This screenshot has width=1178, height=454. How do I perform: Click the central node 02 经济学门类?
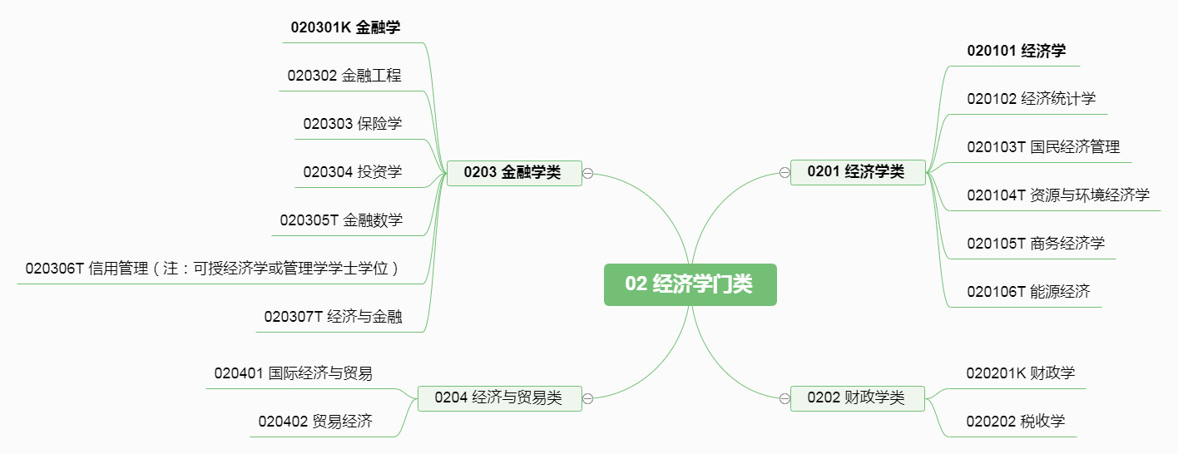pos(690,284)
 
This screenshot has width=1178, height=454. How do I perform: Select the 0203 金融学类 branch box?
pos(513,173)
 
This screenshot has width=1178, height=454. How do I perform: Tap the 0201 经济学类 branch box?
pos(857,172)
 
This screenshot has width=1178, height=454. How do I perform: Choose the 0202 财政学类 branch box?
pos(856,397)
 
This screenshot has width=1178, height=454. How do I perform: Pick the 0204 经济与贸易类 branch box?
pos(498,397)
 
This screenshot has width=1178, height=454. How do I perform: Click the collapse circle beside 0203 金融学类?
pos(587,173)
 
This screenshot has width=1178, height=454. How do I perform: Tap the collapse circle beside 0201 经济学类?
pos(785,172)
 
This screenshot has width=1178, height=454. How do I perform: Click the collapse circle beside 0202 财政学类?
pos(785,398)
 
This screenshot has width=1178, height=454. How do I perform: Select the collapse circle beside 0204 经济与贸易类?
pos(587,398)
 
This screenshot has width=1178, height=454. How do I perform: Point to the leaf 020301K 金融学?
pos(345,27)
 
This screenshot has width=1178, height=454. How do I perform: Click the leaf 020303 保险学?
pos(353,124)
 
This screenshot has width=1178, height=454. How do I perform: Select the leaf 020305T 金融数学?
pos(341,220)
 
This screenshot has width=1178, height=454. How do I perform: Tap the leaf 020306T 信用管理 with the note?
pos(213,269)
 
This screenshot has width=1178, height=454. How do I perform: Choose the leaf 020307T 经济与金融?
pos(334,317)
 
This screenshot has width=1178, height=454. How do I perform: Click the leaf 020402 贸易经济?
pos(315,422)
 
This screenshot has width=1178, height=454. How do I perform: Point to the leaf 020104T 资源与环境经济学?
pos(1058,195)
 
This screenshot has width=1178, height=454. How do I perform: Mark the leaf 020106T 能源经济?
pos(1028,292)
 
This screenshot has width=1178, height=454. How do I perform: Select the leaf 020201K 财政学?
pos(1021,373)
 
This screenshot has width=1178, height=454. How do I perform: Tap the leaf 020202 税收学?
pos(1016,422)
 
